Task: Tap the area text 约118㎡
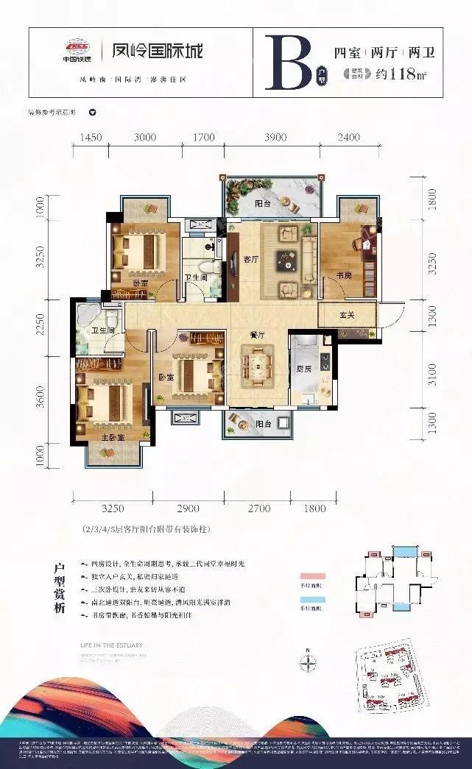(402, 74)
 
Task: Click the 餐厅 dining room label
(256, 335)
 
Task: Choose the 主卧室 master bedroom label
(112, 436)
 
